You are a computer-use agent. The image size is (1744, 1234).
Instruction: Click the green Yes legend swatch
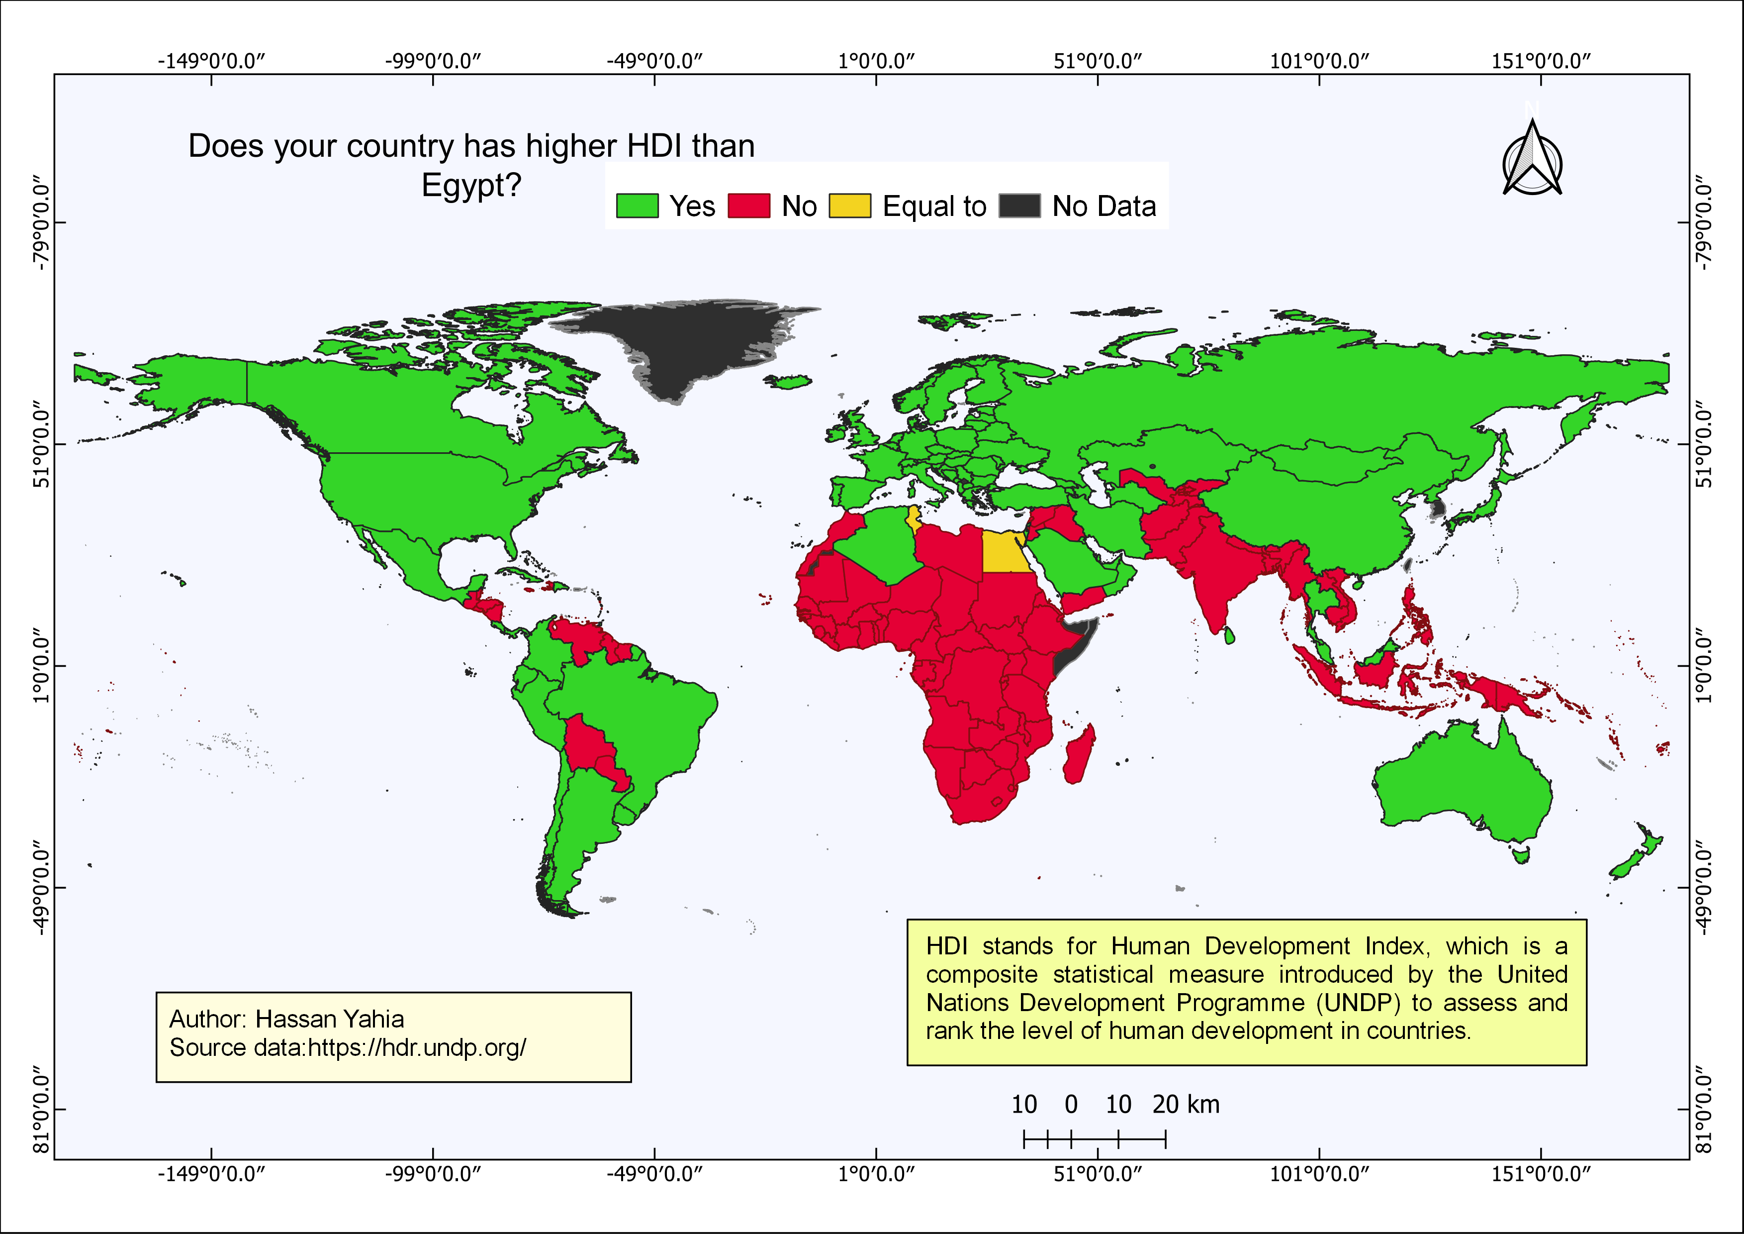(x=637, y=206)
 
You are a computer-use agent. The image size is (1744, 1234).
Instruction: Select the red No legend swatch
(x=749, y=206)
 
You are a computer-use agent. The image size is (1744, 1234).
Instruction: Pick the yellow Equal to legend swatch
(x=849, y=206)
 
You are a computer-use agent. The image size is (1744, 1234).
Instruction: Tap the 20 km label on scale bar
(x=1185, y=1104)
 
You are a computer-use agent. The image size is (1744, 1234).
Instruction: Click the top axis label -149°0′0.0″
(x=211, y=61)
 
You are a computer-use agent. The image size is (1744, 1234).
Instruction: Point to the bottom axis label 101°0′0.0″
(x=1319, y=1174)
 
